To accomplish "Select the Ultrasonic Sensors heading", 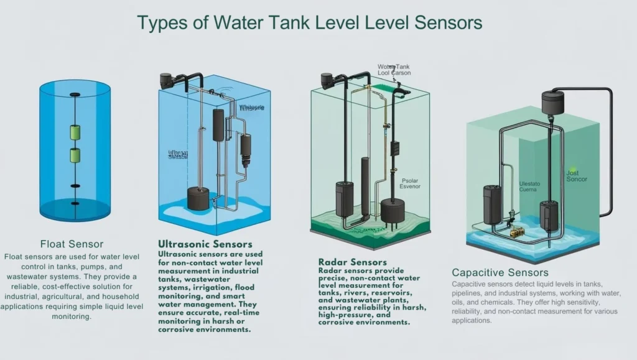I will click(205, 244).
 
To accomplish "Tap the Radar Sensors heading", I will click(352, 262).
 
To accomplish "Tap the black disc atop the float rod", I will click(75, 95).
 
